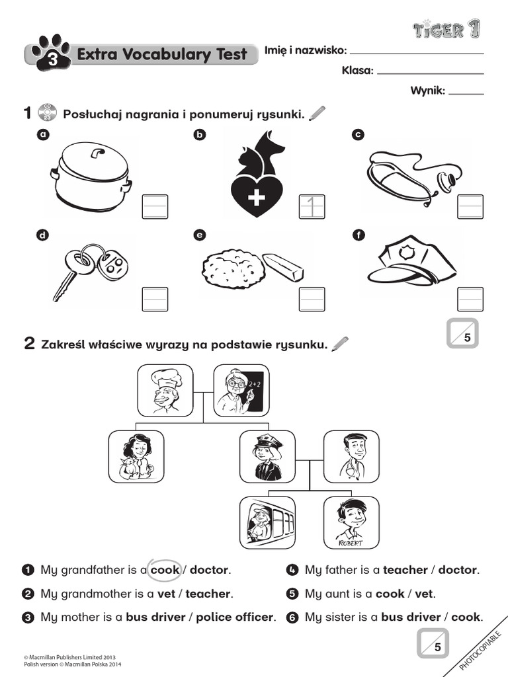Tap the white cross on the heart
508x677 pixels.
[x=257, y=198]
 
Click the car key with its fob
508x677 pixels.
[x=89, y=268]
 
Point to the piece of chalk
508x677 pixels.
[x=283, y=266]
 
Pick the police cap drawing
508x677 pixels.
[x=411, y=263]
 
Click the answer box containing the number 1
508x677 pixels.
[x=312, y=206]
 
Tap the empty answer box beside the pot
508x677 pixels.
[x=155, y=206]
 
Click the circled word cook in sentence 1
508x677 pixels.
[x=165, y=569]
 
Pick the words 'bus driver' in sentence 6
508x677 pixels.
[x=409, y=617]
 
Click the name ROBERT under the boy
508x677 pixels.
[x=351, y=542]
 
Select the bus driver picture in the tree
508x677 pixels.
[x=267, y=522]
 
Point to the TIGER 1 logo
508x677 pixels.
[x=446, y=29]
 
